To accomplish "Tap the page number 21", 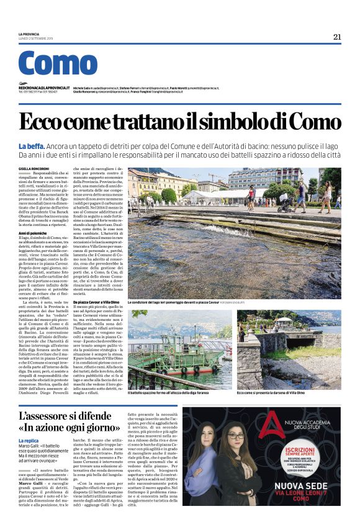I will (x=337, y=37).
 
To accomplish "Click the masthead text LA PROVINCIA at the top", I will (x=32, y=34).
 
